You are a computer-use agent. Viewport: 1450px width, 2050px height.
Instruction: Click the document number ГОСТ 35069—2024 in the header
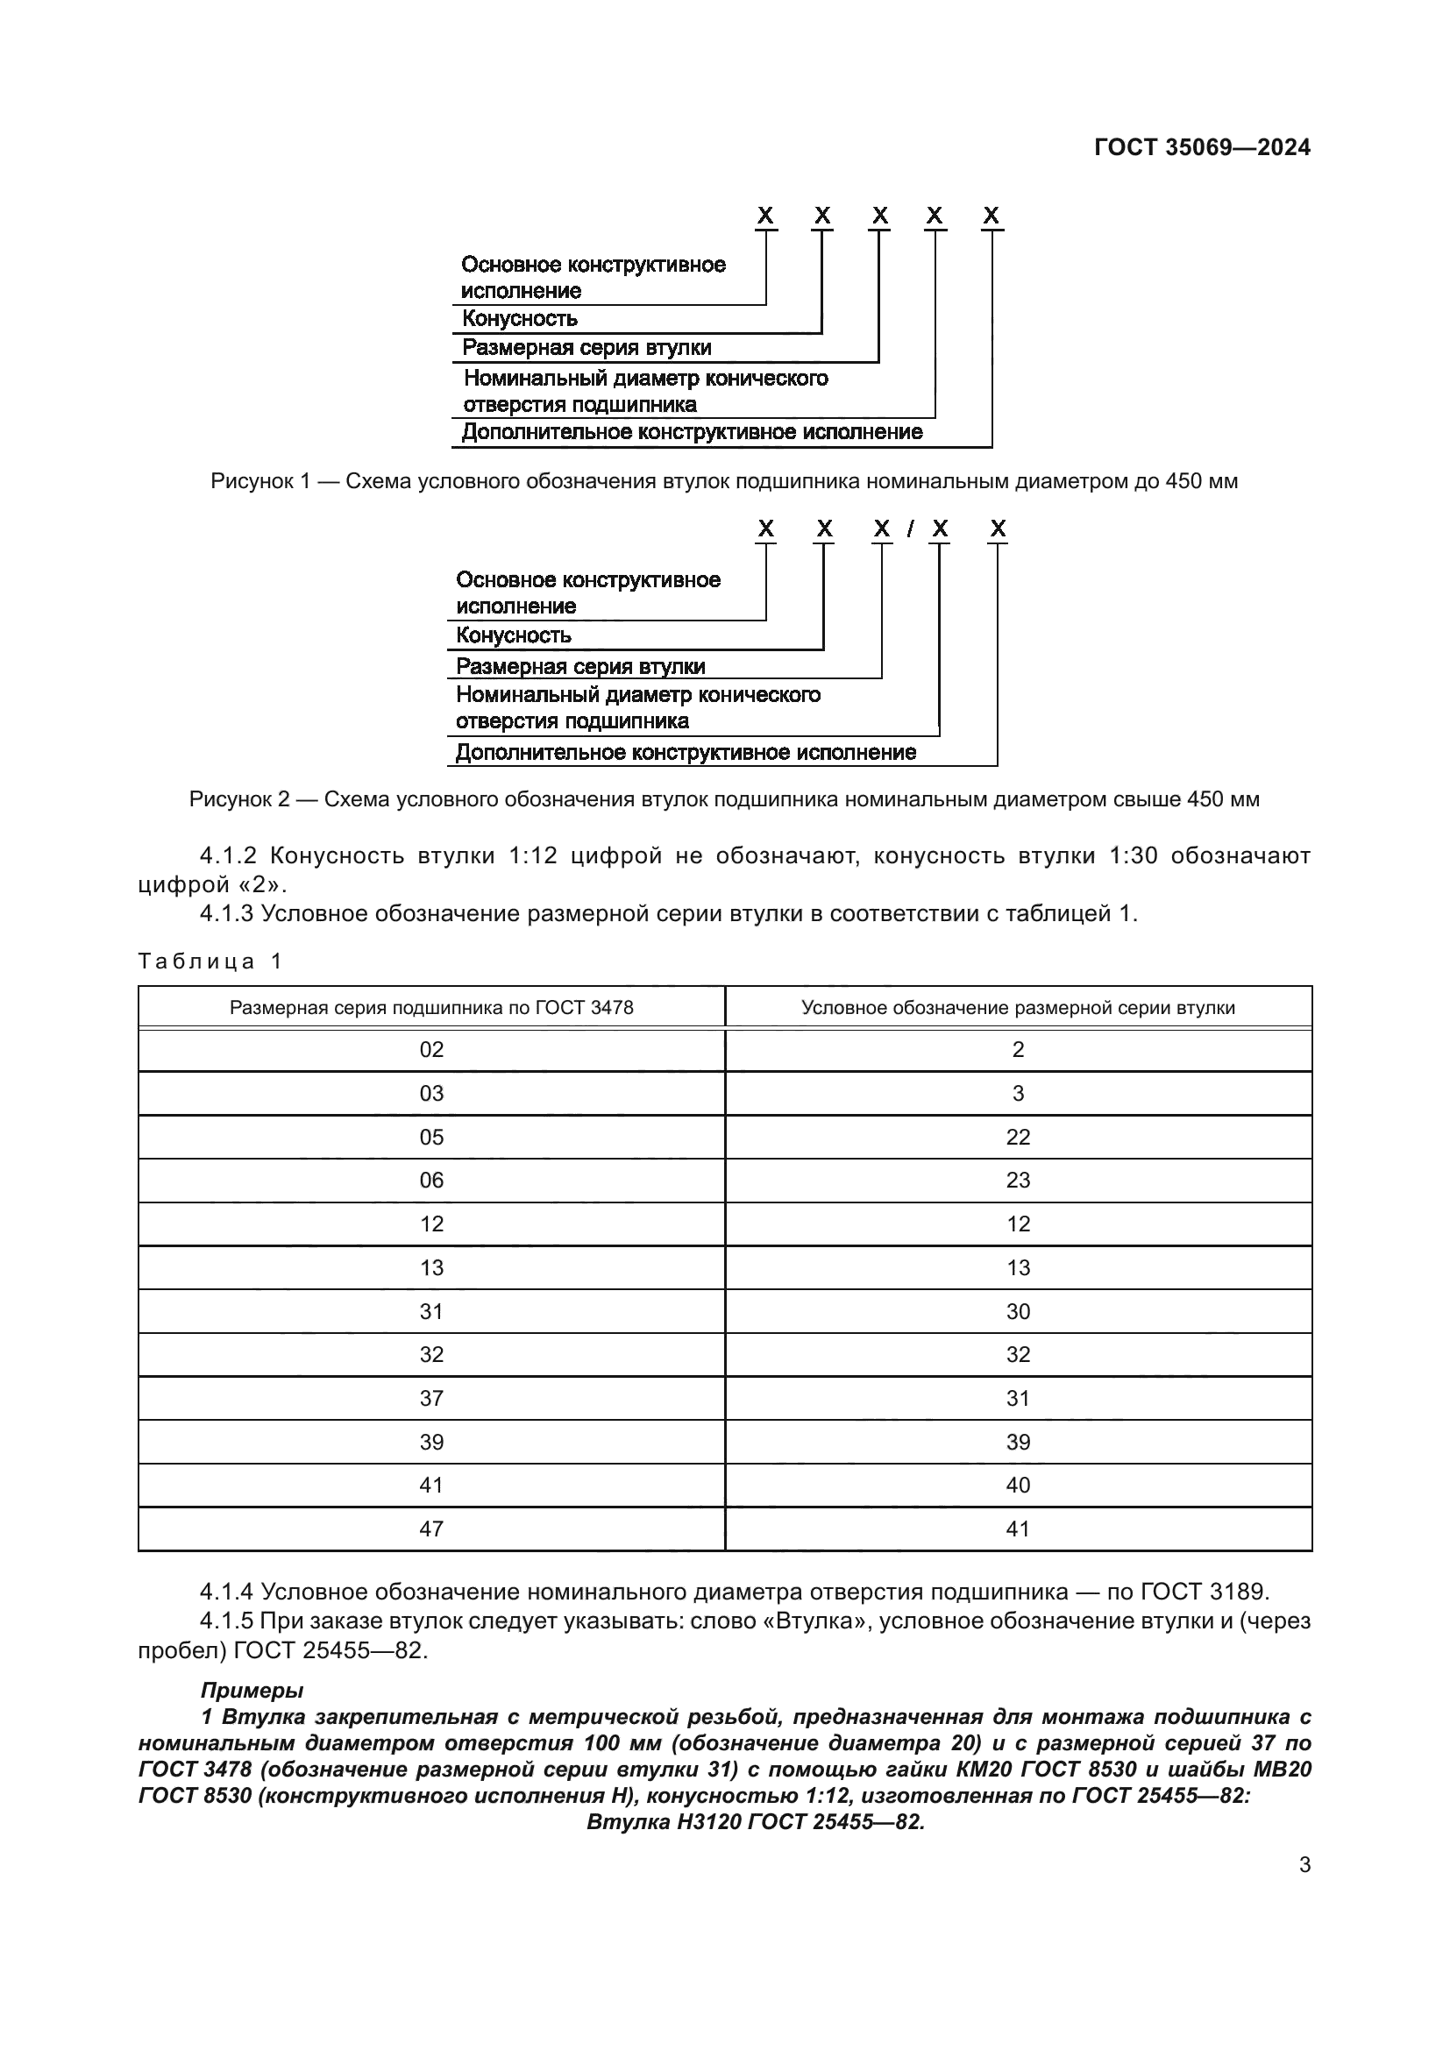[1202, 147]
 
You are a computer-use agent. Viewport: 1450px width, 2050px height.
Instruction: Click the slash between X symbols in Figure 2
[910, 529]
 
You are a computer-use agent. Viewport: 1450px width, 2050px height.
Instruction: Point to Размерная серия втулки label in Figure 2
[580, 666]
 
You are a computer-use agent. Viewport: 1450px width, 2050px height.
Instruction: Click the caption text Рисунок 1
[259, 481]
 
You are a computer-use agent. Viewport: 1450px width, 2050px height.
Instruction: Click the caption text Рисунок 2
[238, 799]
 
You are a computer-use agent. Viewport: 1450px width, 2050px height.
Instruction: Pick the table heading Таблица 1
[210, 961]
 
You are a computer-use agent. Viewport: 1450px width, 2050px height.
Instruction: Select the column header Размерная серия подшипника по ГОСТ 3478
[431, 1008]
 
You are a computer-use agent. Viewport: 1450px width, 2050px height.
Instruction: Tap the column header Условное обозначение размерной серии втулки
[1018, 1008]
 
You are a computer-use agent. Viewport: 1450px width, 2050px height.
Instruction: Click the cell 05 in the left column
[431, 1138]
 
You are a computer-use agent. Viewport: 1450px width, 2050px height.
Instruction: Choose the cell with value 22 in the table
[1018, 1138]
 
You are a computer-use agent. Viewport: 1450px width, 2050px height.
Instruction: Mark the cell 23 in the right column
[1018, 1181]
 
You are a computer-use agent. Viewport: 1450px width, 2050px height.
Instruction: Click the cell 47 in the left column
[431, 1529]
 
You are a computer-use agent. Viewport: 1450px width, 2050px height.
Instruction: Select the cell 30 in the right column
[1018, 1312]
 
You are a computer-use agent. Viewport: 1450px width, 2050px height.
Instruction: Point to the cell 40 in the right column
[1018, 1486]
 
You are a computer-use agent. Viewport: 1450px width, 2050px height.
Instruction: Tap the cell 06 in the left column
[431, 1181]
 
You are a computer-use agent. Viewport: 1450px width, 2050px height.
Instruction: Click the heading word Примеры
[252, 1690]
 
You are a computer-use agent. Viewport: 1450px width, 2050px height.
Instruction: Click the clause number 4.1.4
[227, 1592]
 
